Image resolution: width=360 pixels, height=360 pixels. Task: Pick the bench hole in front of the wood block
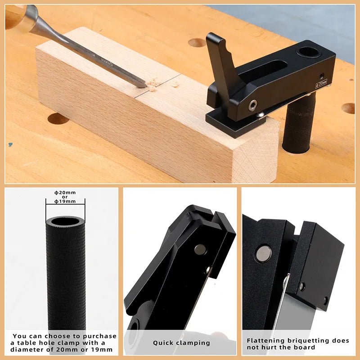tap(58, 119)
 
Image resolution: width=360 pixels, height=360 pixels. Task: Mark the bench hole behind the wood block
tap(197, 43)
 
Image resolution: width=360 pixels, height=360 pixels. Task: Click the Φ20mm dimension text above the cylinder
tap(65, 193)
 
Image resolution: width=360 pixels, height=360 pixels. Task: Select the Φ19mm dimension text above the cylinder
tap(65, 201)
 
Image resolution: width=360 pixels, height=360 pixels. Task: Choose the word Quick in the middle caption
tap(163, 343)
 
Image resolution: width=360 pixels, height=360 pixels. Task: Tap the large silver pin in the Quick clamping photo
tap(199, 249)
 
